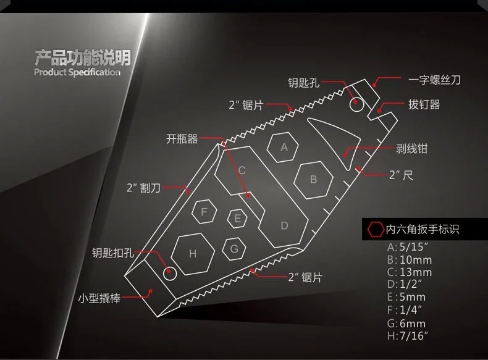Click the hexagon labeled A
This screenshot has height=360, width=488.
coord(284,147)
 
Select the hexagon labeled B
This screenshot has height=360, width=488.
coord(313,180)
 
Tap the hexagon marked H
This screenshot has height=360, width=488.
coord(193,253)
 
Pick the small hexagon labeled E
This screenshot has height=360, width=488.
coord(237,217)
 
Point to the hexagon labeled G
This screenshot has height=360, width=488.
coord(233,249)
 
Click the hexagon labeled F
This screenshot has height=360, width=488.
coord(204,211)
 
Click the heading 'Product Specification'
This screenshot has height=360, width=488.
coord(77,72)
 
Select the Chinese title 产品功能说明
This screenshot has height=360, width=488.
coord(82,59)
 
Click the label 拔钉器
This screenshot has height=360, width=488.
coord(424,104)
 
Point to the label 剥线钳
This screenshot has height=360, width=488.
coord(412,148)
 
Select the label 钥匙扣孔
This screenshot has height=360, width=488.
coord(112,252)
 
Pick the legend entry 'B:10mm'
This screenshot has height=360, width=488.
coord(401,260)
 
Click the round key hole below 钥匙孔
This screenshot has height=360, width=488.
coord(356,104)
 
